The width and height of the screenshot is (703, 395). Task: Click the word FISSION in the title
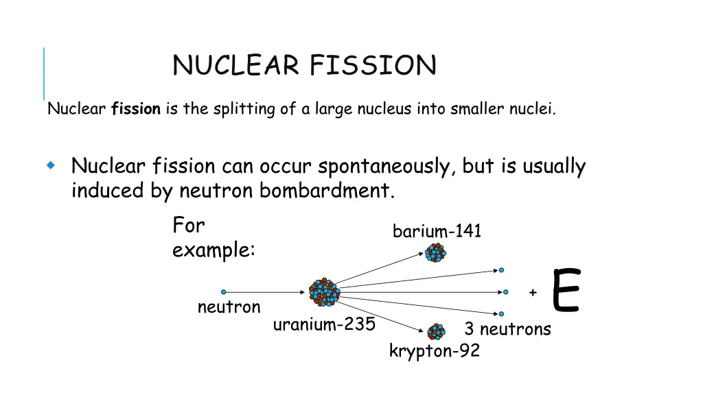(x=372, y=66)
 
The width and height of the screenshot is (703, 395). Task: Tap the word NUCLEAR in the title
(x=235, y=66)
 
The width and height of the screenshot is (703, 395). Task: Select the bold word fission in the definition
(x=136, y=109)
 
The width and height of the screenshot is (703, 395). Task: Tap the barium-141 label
(x=437, y=232)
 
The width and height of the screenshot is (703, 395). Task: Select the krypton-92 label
(x=434, y=352)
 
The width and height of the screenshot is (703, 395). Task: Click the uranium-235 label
(x=324, y=324)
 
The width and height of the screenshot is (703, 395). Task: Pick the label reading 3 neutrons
(x=507, y=329)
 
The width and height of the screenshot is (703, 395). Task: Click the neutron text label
(x=229, y=307)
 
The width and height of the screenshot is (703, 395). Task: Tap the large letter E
(x=566, y=291)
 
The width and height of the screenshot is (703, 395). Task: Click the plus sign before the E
(x=533, y=293)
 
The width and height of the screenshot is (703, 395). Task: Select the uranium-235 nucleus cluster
(x=324, y=292)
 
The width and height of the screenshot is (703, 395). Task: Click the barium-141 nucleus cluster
(x=435, y=253)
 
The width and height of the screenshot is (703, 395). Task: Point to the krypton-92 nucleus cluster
(x=435, y=333)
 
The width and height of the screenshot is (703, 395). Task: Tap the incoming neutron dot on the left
(x=223, y=292)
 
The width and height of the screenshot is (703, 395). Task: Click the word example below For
(x=214, y=250)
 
